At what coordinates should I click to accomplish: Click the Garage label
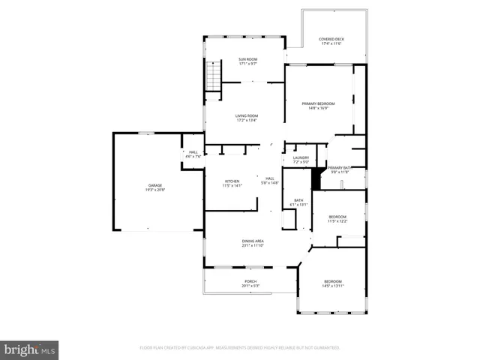155,185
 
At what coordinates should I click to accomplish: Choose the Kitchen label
232,182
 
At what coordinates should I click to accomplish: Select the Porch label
250,283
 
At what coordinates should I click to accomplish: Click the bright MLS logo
30,349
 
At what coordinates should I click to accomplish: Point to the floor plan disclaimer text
240,348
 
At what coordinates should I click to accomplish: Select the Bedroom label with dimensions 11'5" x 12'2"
337,218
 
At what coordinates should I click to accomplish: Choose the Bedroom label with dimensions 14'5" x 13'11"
332,283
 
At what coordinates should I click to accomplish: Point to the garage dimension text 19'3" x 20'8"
155,189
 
